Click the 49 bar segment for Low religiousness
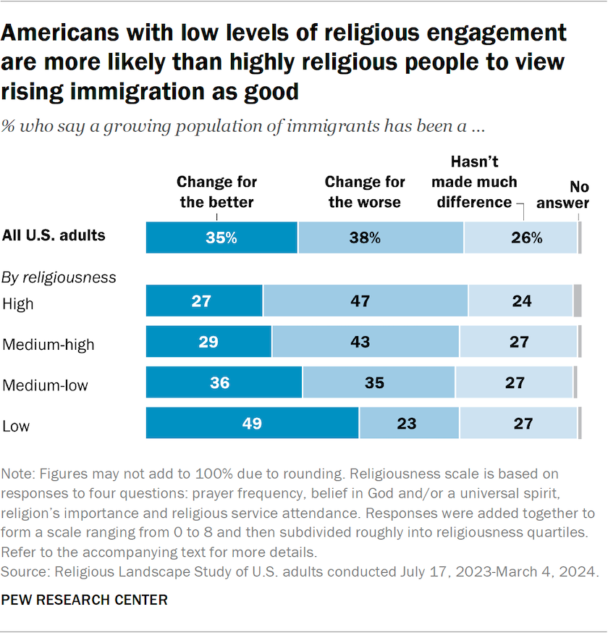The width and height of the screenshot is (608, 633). (x=252, y=423)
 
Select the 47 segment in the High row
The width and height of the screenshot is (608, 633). (x=366, y=301)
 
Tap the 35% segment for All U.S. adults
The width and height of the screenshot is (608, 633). (x=221, y=238)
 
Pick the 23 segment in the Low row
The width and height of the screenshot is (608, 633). (x=409, y=423)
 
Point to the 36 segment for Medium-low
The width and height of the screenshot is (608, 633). (x=224, y=382)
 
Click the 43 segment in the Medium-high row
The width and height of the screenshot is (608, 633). (x=366, y=342)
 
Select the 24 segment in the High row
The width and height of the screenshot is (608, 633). (x=520, y=301)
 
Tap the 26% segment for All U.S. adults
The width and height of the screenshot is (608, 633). (x=520, y=238)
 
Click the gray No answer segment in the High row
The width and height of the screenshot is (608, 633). (x=577, y=301)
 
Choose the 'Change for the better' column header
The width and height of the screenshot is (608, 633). (x=216, y=192)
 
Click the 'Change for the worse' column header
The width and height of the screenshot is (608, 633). (x=365, y=192)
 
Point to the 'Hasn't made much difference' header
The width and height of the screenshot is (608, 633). (x=474, y=182)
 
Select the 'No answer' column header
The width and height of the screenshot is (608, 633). (x=562, y=195)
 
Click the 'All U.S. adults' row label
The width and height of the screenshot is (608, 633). (x=54, y=235)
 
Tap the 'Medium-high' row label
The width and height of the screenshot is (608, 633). (x=48, y=345)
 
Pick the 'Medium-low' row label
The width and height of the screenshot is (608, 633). (x=46, y=385)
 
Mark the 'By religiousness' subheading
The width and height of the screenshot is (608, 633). (x=59, y=277)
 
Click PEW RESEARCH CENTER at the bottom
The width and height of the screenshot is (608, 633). (x=85, y=600)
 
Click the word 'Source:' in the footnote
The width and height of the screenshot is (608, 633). (x=27, y=572)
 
